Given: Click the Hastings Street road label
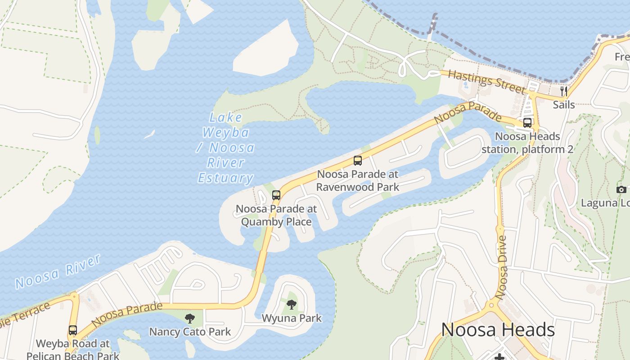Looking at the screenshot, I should tap(487, 82).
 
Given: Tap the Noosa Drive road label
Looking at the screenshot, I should tap(502, 267).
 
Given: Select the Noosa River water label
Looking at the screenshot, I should tap(58, 271).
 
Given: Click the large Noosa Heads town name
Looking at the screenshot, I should tap(498, 330).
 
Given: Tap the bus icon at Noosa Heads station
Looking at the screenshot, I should tap(527, 123).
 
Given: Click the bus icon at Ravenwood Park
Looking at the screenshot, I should tap(358, 161).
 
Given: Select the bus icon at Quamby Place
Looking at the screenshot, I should tap(276, 195).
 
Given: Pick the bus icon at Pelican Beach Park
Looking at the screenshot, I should tap(73, 330).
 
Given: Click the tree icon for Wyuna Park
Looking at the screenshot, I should tap(292, 305).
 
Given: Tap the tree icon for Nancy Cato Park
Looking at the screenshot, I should tap(190, 319).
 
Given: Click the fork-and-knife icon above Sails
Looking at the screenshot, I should tap(563, 92).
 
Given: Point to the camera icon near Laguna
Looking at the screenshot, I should tap(621, 189).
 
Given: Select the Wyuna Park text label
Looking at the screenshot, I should tap(292, 318).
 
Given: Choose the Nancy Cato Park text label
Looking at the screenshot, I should tap(190, 332).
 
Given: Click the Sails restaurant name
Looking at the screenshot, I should tap(563, 105).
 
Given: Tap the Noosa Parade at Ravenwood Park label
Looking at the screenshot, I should tap(358, 180).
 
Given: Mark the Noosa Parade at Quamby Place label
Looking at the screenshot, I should tap(276, 216).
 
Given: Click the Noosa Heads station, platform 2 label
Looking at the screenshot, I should tap(527, 143).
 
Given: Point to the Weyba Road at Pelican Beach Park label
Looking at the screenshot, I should tap(73, 350).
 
